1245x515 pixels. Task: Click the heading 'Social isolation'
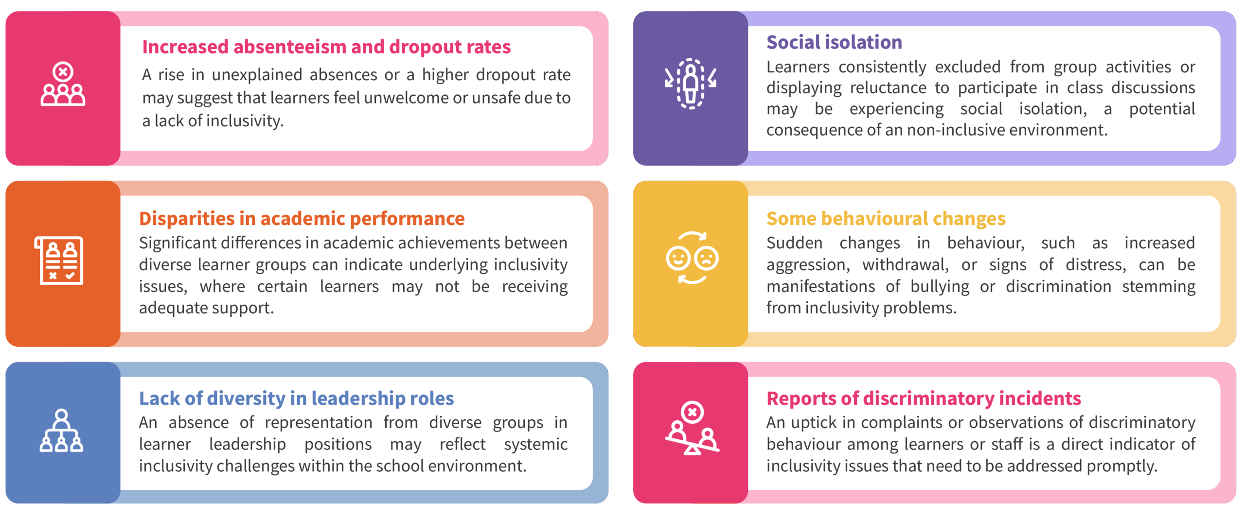tap(834, 42)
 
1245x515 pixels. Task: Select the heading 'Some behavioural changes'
tap(886, 219)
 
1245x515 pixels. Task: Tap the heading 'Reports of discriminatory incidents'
tap(923, 398)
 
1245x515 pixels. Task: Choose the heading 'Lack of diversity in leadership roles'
tap(296, 398)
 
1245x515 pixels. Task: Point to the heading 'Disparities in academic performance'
tap(302, 219)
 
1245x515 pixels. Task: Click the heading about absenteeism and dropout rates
tap(326, 47)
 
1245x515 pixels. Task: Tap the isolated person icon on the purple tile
tap(691, 84)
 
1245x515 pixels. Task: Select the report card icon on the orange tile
tap(59, 260)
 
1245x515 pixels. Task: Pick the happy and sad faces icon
tap(692, 257)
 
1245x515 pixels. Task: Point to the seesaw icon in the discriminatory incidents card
tap(692, 428)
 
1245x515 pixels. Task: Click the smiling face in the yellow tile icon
tap(678, 258)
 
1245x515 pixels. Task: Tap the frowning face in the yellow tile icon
tap(707, 258)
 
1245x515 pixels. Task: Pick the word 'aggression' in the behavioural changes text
tap(807, 265)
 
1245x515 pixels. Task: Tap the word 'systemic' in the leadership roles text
tap(535, 444)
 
